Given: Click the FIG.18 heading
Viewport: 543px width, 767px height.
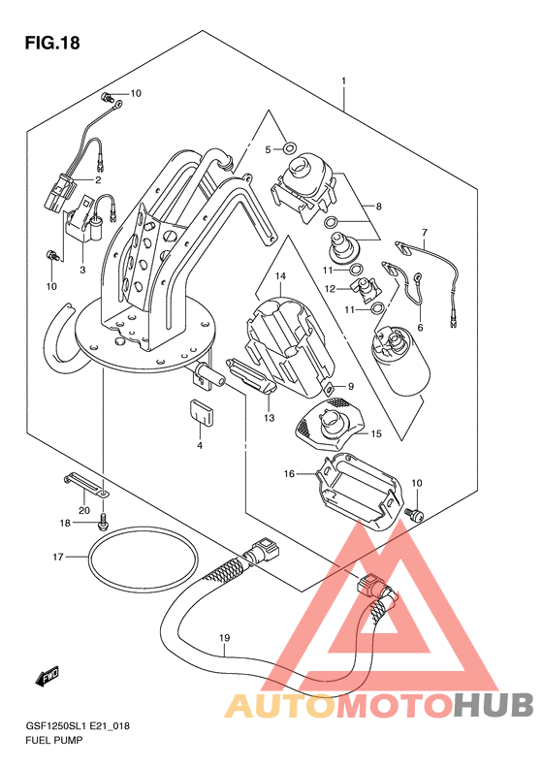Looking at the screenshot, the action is point(52,44).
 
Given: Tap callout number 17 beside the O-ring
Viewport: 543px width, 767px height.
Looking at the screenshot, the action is point(58,557).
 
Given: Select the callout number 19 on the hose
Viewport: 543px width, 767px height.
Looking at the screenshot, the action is point(225,638).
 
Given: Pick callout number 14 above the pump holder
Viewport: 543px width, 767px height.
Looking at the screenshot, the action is point(280,276).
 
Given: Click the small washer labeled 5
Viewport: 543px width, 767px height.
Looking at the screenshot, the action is point(290,147).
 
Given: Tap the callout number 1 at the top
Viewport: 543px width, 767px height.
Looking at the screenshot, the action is point(344,80).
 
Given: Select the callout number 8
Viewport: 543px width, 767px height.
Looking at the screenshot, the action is point(378,207).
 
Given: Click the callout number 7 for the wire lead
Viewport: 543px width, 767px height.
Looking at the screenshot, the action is point(424,232).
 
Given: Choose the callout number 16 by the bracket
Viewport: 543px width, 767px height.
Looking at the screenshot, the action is point(289,473).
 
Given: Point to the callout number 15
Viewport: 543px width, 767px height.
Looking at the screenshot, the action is point(375,433).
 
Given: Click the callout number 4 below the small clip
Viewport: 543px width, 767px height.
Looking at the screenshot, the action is point(200,445).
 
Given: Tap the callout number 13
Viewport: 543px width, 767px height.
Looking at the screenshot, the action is point(269,418).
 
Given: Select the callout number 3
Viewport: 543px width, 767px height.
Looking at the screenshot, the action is point(82,270).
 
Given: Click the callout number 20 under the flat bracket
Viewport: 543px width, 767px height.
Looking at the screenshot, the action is point(84,510).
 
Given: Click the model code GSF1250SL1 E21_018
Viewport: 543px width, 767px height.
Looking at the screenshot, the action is point(78,726).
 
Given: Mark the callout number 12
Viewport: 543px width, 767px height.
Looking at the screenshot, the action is point(331,289).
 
